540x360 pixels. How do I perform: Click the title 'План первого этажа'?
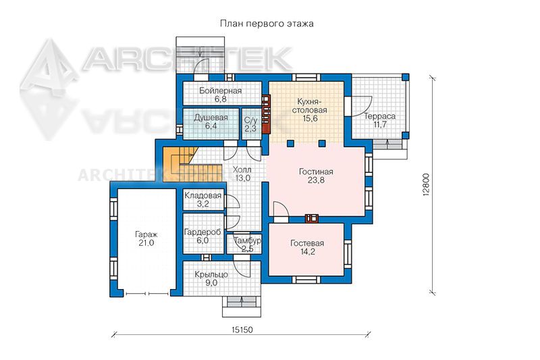pos(267,24)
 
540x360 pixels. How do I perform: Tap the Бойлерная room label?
pos(221,95)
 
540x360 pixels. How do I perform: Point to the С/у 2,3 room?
pos(250,124)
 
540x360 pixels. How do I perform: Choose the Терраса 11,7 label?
pos(380,120)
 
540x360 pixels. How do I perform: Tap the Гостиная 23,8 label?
pos(316,176)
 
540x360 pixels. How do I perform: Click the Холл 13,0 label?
pos(242,174)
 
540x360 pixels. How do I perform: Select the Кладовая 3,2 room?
pos(203,199)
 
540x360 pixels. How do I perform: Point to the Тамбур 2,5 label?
pos(247,245)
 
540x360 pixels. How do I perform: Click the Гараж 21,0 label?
pos(146,238)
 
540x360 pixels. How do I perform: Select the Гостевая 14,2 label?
pos(307,247)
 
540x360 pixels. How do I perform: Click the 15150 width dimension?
pos(242,330)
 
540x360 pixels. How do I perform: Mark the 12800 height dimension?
pos(426,184)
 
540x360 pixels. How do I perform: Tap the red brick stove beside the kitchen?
pos(266,114)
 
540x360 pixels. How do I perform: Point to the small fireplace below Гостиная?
pos(312,217)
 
